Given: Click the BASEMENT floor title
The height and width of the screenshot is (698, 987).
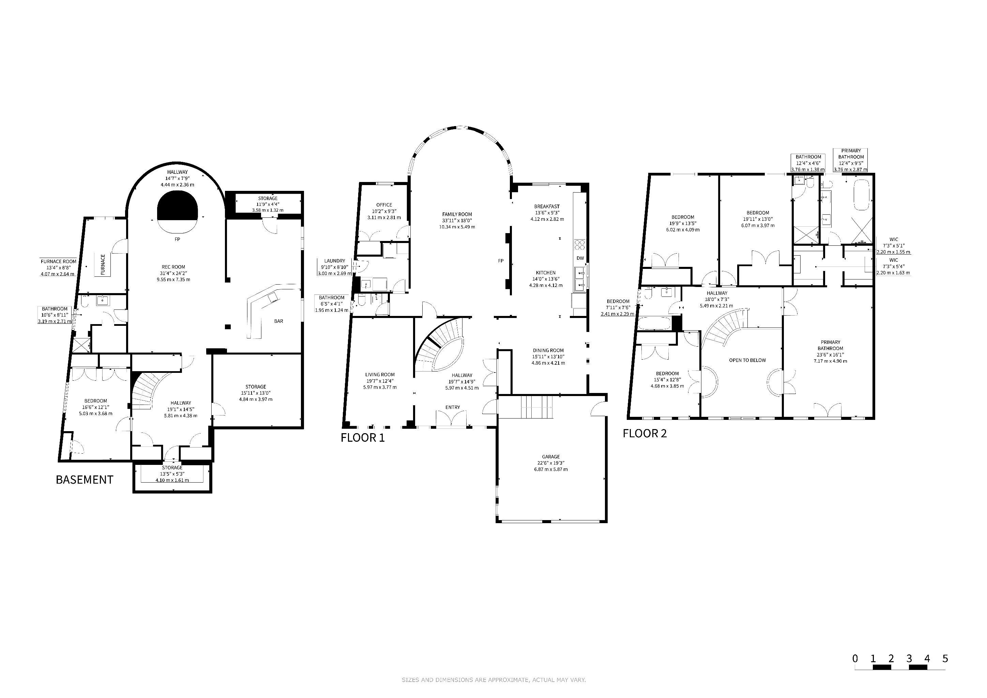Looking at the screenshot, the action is (85, 480).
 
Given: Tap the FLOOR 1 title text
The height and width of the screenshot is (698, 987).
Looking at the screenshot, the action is (362, 438).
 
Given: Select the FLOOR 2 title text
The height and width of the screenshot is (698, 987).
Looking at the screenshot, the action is (644, 433).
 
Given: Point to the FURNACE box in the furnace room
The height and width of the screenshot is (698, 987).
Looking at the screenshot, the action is (103, 264).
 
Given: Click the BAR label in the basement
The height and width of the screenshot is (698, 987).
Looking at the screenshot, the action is (278, 321).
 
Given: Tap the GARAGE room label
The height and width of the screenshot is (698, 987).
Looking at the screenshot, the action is (551, 457).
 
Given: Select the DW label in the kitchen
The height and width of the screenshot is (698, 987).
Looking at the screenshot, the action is (580, 258).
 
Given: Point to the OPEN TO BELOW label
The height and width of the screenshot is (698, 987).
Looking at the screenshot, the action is (747, 360).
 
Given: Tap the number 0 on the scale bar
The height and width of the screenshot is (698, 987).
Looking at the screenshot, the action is (855, 658).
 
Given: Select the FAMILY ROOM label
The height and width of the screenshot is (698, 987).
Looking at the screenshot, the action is (457, 214).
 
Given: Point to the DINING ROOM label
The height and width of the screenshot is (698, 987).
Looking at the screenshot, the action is (548, 350).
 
